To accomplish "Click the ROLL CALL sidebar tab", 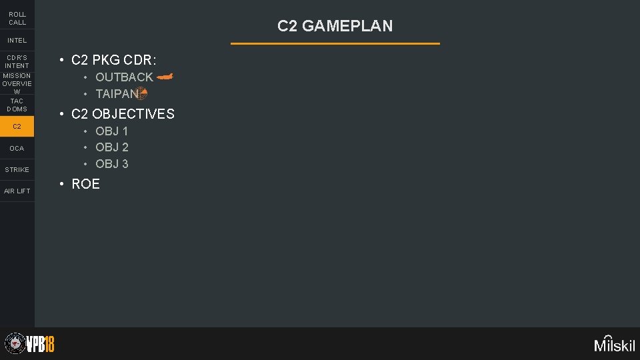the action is [17, 18].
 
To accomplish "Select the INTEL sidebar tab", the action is [17, 41].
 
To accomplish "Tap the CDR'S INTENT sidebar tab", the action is [17, 61].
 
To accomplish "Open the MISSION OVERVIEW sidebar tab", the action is [17, 83].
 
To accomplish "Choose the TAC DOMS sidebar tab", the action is [17, 105].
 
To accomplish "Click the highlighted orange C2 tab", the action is [17, 126].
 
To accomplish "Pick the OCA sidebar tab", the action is [17, 148].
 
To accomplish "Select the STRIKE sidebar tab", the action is [17, 169].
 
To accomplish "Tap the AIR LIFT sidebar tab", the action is [17, 191].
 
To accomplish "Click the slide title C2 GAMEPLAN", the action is [335, 26].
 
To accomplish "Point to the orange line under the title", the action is [335, 43].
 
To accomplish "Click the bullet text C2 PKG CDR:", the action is [113, 60].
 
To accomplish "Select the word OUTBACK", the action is [124, 77].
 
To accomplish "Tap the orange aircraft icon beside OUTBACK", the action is [165, 77].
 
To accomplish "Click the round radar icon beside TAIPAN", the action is [141, 93].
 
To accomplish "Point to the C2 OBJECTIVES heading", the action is [123, 114].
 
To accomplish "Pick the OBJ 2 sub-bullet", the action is [112, 147].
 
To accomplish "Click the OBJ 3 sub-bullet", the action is [112, 164].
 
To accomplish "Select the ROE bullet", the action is [85, 184].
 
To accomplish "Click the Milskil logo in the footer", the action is [615, 343].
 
